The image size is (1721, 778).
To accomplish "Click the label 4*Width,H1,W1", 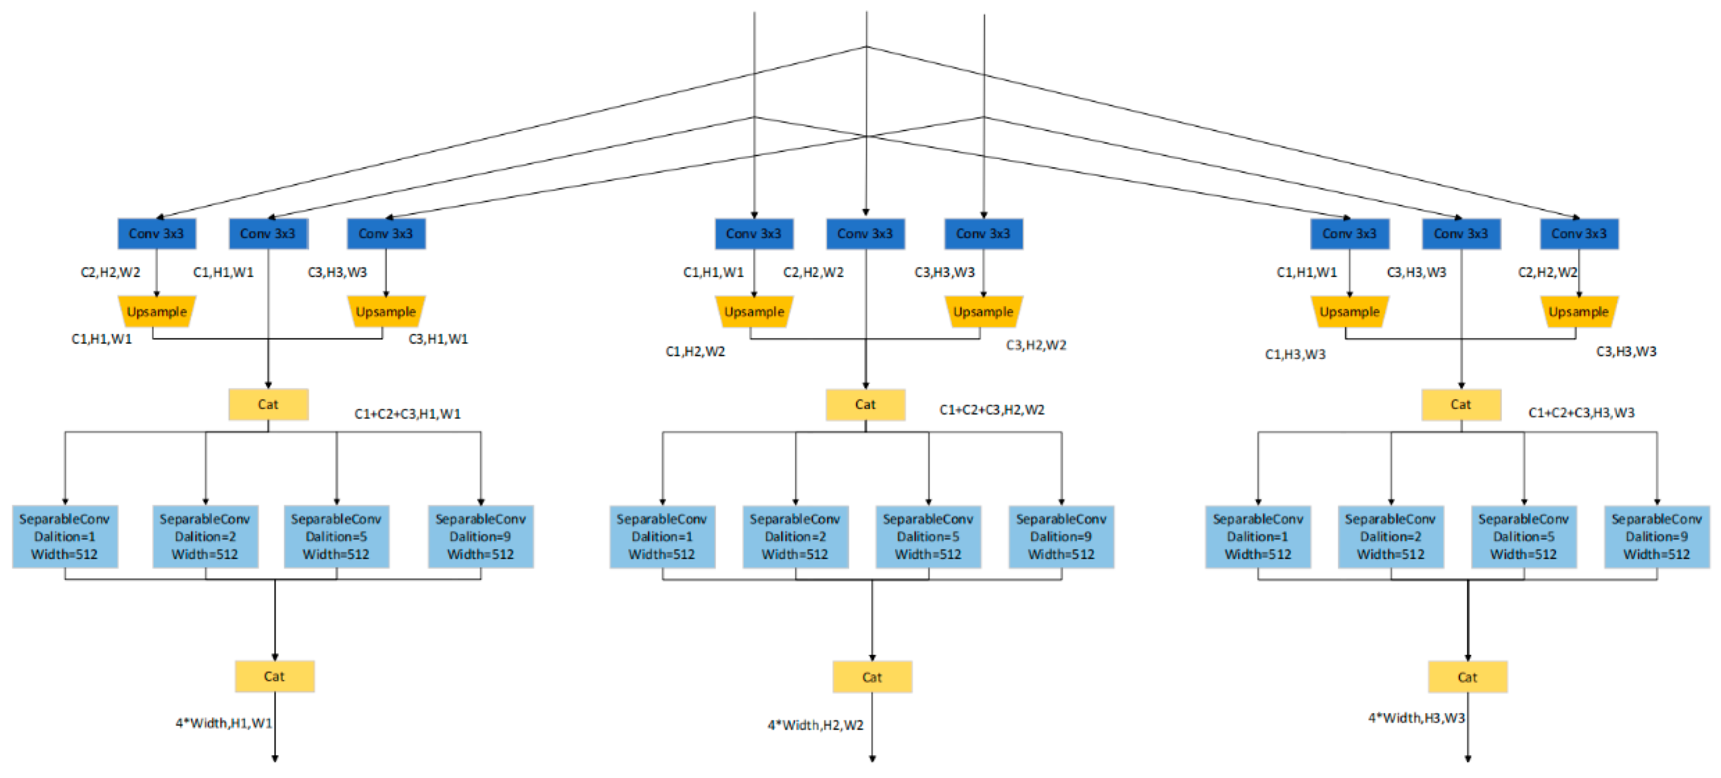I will tap(224, 723).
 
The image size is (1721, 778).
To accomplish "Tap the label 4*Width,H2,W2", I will tap(815, 725).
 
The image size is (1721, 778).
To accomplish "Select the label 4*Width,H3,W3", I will tap(1416, 718).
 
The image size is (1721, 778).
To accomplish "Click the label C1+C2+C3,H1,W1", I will tap(408, 414).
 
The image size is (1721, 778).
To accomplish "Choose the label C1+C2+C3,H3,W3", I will tap(1581, 413).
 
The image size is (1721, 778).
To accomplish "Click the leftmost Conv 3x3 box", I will tap(156, 234).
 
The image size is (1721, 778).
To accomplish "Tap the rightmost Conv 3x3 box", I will tap(1579, 234).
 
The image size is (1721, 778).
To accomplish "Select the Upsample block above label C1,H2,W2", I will tap(754, 311).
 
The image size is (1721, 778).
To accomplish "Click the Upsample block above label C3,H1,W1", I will tap(385, 311).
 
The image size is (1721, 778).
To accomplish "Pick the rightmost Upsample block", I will tap(1579, 311).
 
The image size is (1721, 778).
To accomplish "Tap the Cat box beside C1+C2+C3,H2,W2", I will tap(865, 404).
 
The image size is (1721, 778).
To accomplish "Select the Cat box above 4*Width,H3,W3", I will tap(1467, 677).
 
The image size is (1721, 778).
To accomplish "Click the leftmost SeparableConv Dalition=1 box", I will tap(65, 536).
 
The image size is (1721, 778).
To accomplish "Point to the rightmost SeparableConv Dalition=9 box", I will tap(1656, 536).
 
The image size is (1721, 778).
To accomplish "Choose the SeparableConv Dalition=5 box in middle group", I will tap(928, 536).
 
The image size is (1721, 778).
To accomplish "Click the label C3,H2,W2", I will tap(1035, 345).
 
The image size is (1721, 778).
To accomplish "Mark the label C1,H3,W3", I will tap(1295, 354).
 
